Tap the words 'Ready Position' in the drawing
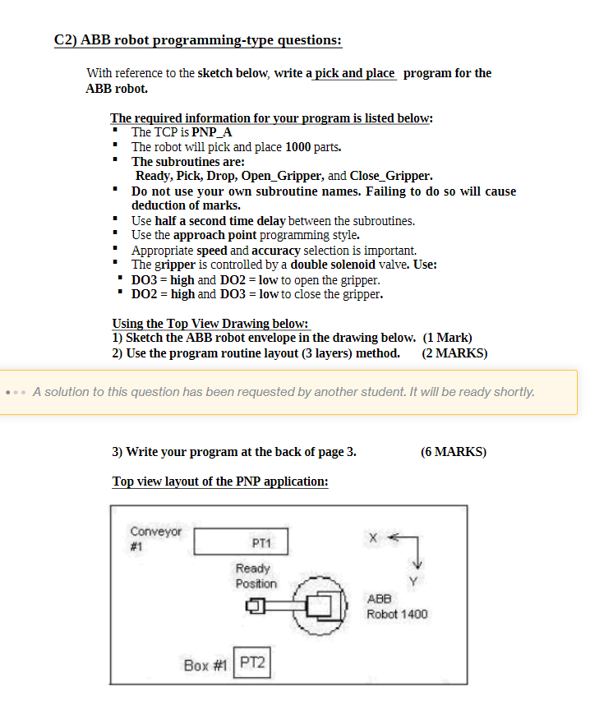click(256, 576)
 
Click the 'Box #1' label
click(206, 665)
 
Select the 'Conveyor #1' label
click(154, 539)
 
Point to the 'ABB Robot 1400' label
click(397, 606)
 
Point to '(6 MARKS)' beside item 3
click(453, 452)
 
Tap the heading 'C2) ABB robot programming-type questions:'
click(198, 40)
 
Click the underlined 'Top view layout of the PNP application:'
click(220, 482)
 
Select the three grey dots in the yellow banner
click(16, 391)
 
